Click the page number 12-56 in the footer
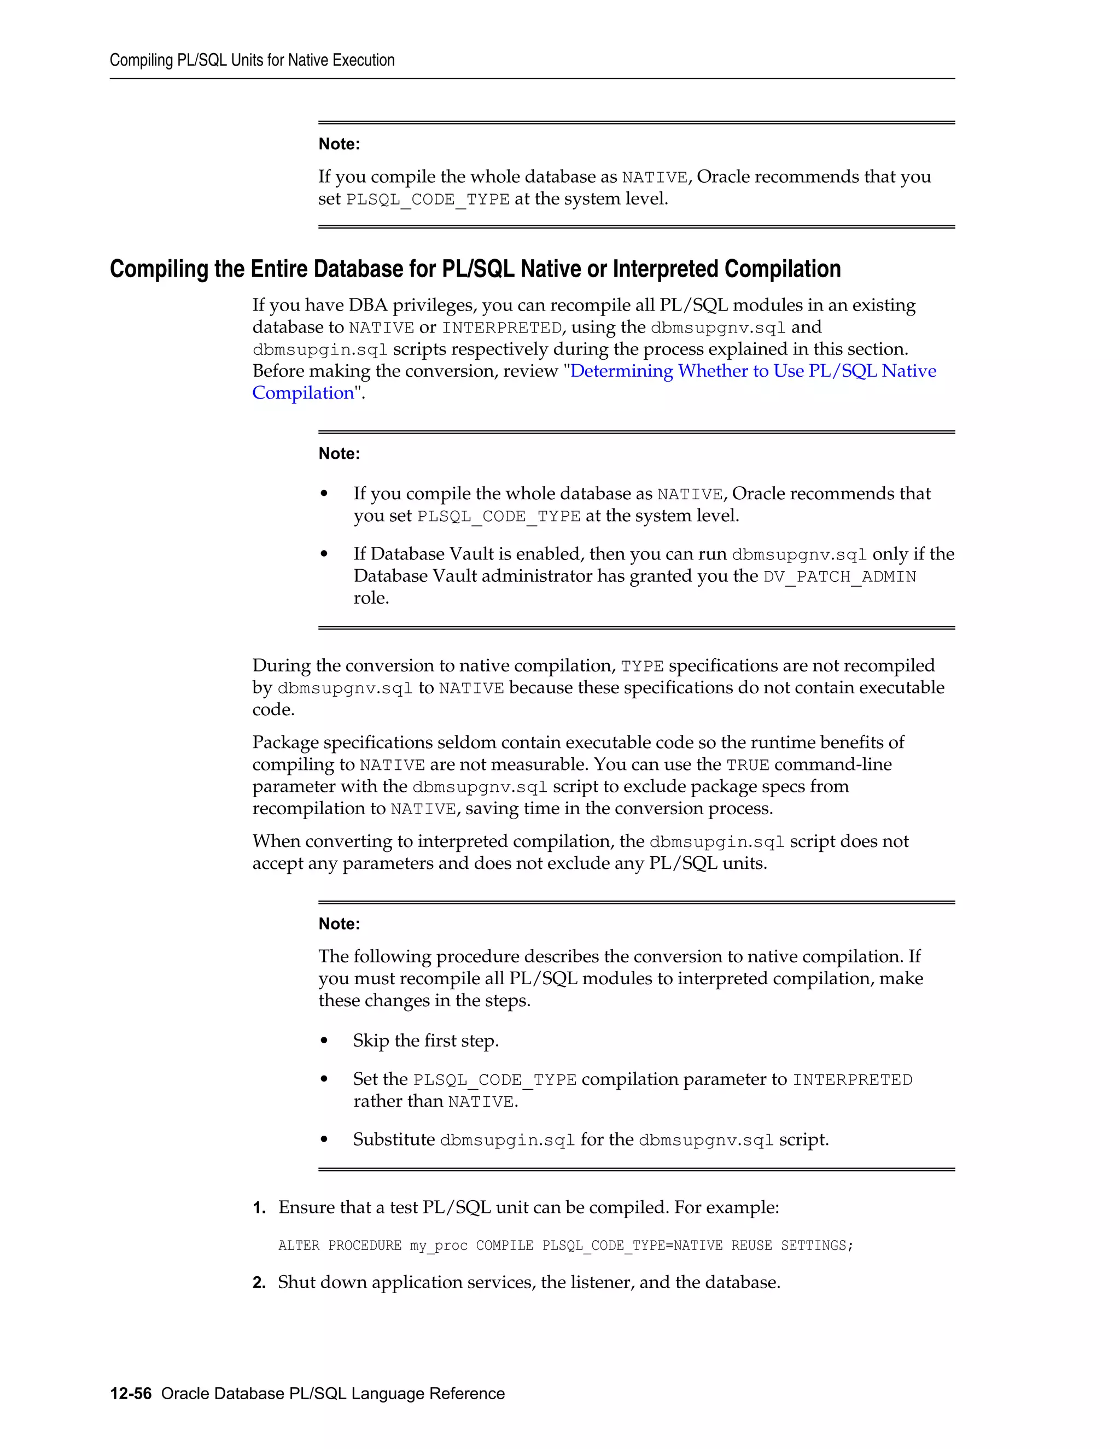pyautogui.click(x=131, y=1393)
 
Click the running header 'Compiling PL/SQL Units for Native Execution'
pyautogui.click(x=252, y=60)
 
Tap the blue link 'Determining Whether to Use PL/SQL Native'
pyautogui.click(x=753, y=371)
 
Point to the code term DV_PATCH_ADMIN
pyautogui.click(x=839, y=576)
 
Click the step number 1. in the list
pyautogui.click(x=259, y=1207)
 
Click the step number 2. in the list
pyautogui.click(x=259, y=1282)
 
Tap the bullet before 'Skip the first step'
pyautogui.click(x=324, y=1041)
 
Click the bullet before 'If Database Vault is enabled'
pyautogui.click(x=324, y=554)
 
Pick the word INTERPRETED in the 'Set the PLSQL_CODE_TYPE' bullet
pyautogui.click(x=853, y=1080)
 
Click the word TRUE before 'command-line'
pyautogui.click(x=748, y=765)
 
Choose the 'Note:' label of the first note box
pyautogui.click(x=339, y=144)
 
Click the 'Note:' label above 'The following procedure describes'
pyautogui.click(x=339, y=924)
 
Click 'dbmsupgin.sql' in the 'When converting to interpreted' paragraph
pyautogui.click(x=716, y=842)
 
